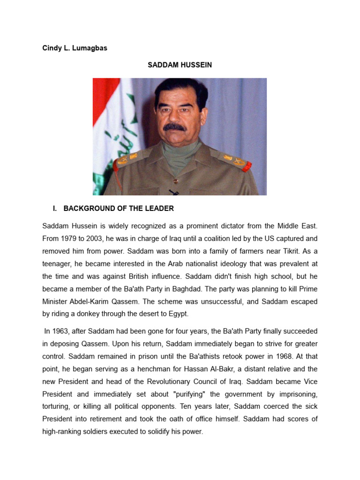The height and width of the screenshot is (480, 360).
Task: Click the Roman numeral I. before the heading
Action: point(55,209)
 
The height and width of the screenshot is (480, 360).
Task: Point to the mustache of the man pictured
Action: point(175,127)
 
